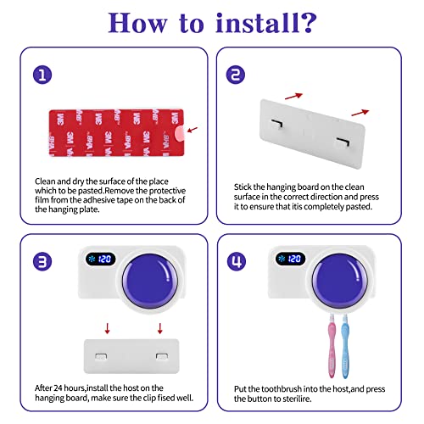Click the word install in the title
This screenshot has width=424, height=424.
click(x=257, y=23)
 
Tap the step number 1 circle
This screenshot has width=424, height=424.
click(x=42, y=75)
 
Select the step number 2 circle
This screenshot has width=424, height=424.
click(x=236, y=75)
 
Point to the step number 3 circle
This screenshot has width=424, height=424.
click(x=42, y=261)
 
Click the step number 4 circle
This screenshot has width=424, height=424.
click(x=237, y=261)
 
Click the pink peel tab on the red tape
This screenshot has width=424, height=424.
click(x=180, y=133)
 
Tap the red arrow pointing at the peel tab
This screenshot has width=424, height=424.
click(x=192, y=130)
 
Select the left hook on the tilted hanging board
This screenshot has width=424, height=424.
click(x=277, y=124)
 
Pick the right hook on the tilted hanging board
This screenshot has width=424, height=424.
click(x=343, y=142)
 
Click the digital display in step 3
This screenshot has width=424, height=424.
click(x=101, y=259)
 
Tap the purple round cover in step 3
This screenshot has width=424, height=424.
click(x=150, y=281)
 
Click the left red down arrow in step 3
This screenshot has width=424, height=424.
click(x=107, y=328)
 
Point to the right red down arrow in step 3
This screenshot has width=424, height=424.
click(x=160, y=328)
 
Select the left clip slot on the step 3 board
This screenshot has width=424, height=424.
click(x=101, y=356)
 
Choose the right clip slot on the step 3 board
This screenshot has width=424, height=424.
click(x=162, y=356)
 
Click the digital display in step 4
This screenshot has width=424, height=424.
click(x=290, y=259)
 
